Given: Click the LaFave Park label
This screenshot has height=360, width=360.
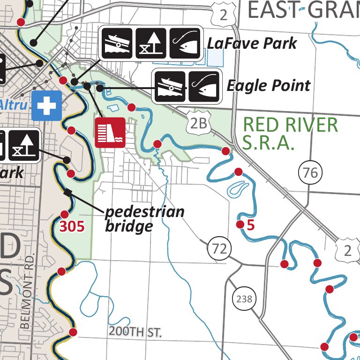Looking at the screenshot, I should click(252, 44).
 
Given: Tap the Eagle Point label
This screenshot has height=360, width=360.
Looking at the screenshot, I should click(268, 86).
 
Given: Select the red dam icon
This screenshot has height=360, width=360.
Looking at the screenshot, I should click(110, 132).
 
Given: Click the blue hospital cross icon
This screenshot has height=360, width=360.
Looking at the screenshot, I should click(47, 105).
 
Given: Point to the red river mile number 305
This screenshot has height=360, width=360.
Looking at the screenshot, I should click(72, 227).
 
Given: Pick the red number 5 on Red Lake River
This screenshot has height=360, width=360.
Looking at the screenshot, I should click(250, 225).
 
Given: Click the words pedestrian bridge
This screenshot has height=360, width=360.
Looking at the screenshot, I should click(144, 219).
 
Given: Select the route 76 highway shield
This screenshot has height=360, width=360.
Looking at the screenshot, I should click(310, 172).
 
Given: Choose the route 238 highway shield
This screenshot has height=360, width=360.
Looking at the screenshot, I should click(244, 299).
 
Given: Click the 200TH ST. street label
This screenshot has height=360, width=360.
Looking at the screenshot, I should click(135, 332).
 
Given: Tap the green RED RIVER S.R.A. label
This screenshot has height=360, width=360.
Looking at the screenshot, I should click(290, 133).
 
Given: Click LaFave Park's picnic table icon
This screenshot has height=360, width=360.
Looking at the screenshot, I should click(151, 43).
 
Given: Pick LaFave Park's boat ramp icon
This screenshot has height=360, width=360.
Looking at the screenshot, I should click(117, 43).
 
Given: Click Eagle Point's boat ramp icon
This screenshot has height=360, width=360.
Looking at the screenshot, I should click(170, 86).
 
